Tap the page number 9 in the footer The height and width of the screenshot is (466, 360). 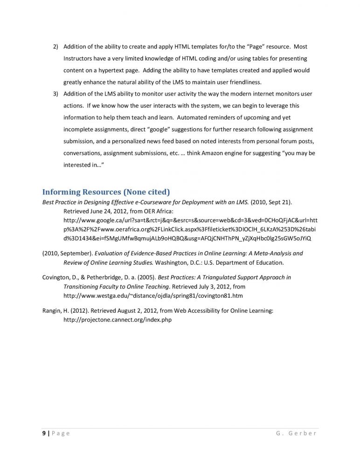click(43, 434)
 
